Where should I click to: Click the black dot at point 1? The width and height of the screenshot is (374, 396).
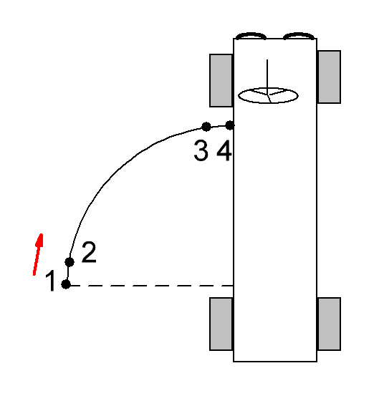[66, 284]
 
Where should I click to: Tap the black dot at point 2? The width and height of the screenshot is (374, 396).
[69, 262]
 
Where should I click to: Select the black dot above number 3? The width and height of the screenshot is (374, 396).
[206, 127]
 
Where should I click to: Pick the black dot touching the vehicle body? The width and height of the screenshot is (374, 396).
[230, 125]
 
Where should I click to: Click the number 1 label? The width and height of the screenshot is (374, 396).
[50, 281]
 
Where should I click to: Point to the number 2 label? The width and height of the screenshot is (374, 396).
[89, 252]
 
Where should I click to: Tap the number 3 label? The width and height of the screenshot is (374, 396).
[201, 150]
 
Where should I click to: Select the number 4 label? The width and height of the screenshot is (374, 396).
[224, 150]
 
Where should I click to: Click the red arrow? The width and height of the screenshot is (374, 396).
[38, 254]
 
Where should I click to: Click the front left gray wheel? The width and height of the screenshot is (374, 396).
[221, 80]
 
